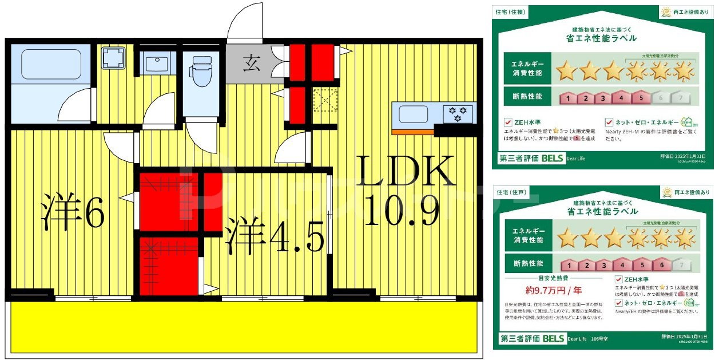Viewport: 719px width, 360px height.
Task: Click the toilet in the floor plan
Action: (201, 72)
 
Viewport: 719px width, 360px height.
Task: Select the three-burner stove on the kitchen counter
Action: (458, 113)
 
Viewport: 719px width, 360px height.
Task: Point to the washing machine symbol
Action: (113, 58)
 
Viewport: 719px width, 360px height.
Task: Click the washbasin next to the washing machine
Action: (156, 63)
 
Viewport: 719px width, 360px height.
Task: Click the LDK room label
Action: (406, 170)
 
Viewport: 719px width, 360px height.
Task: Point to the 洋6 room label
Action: (73, 213)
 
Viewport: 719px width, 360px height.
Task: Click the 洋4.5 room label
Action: (275, 235)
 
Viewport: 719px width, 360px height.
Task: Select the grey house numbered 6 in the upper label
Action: (660, 98)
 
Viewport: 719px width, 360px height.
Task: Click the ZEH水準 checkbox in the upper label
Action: (508, 122)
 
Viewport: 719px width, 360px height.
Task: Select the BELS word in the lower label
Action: (554, 338)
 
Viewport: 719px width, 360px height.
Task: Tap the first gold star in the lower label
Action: (568, 237)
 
